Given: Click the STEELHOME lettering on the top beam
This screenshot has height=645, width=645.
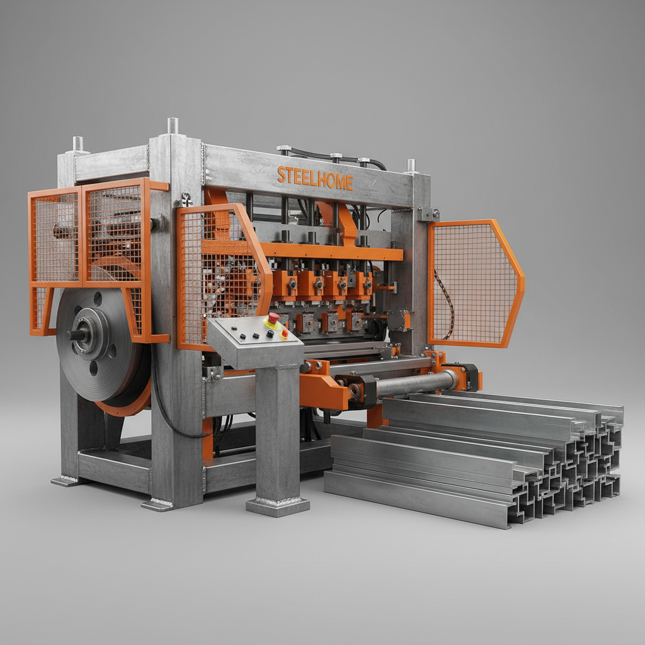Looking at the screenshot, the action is (x=315, y=178).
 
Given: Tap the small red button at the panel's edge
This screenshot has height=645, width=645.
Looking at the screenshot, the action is (x=285, y=334).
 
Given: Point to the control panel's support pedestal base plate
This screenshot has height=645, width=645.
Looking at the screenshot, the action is (x=278, y=506).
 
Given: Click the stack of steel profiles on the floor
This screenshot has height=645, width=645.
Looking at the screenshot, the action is (x=473, y=457).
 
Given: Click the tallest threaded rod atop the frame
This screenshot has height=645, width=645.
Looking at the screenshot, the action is (x=173, y=125).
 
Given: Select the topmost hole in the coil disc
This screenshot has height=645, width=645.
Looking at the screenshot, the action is (x=98, y=298).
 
